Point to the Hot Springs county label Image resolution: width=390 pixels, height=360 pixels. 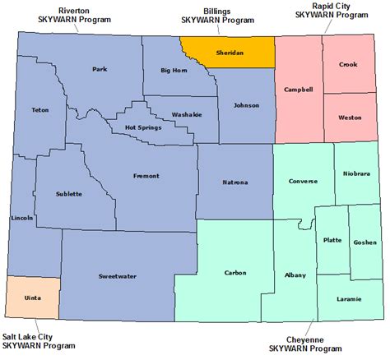click(x=143, y=127)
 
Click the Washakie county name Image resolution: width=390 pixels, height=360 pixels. click(x=187, y=114)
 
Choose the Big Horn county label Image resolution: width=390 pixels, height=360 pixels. click(x=174, y=72)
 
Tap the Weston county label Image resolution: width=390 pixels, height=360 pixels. click(x=350, y=118)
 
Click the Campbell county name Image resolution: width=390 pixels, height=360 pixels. click(x=298, y=89)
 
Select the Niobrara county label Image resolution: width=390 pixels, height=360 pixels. click(x=359, y=173)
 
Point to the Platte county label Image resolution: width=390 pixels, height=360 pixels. click(x=332, y=240)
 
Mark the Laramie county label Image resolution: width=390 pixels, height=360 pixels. click(x=349, y=298)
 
